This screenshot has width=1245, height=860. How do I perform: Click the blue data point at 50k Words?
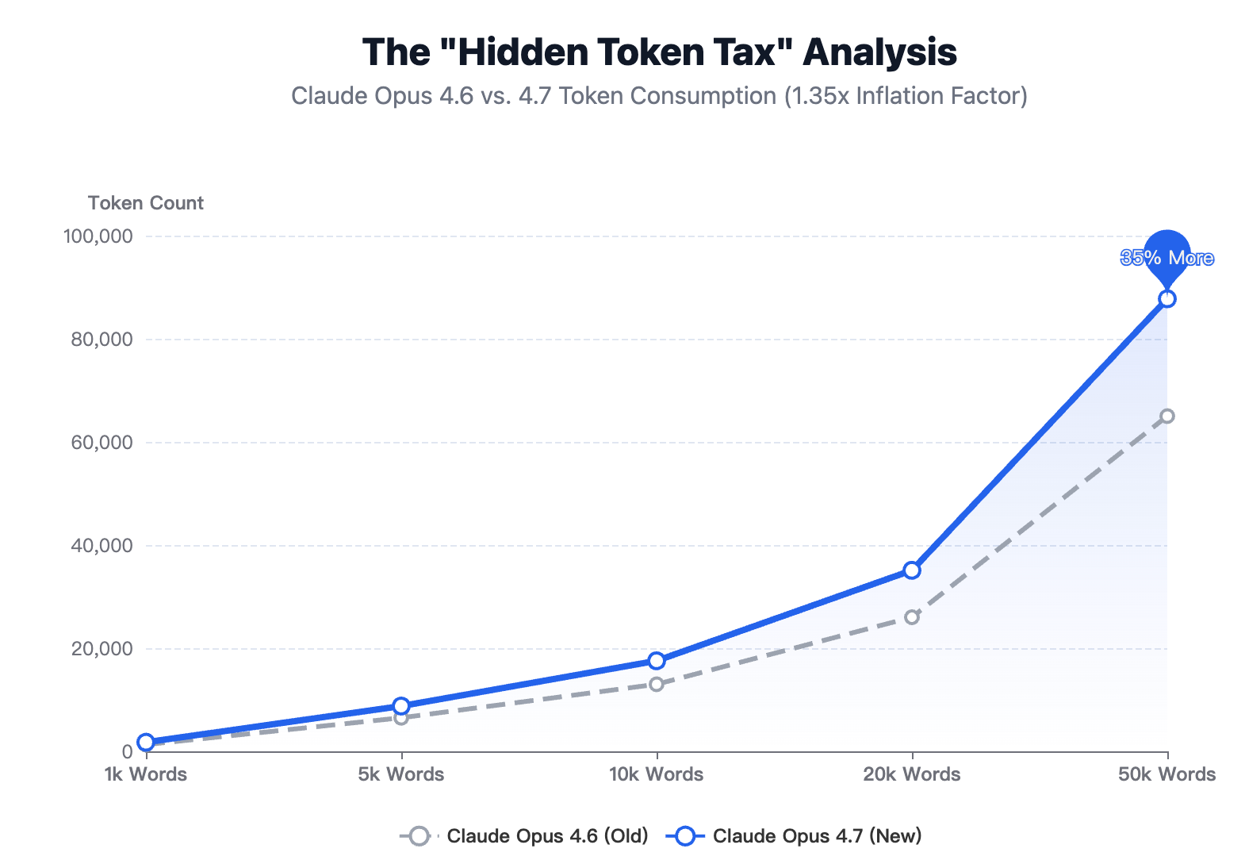click(1166, 299)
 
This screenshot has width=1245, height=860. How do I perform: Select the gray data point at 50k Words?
click(1166, 417)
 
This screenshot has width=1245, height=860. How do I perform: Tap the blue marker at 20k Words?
click(912, 570)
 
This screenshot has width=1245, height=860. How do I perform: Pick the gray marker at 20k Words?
click(912, 617)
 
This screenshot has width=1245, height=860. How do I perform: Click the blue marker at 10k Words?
click(657, 661)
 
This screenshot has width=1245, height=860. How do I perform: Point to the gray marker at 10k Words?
click(657, 684)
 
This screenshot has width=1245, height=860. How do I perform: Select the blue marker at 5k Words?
click(401, 706)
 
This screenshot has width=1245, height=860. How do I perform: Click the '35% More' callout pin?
click(1166, 256)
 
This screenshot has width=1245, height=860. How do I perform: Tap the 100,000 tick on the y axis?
click(98, 236)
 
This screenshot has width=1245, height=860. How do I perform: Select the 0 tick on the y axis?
click(127, 752)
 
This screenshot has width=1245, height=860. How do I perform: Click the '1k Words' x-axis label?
click(146, 774)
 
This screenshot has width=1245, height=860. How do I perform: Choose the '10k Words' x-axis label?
click(657, 774)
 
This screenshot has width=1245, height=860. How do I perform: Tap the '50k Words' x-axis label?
click(1166, 774)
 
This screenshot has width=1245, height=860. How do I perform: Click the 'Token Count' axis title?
click(146, 203)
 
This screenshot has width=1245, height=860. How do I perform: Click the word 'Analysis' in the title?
click(879, 52)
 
